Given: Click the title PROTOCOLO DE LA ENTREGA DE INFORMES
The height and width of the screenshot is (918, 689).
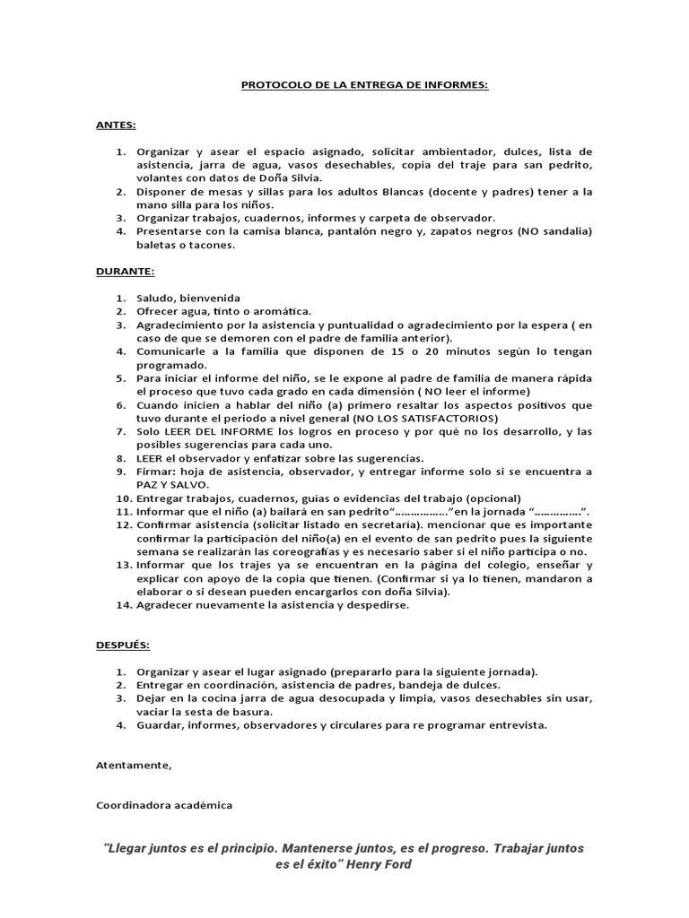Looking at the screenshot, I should [x=364, y=85].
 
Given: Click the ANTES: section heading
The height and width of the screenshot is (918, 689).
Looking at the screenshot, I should [x=116, y=125].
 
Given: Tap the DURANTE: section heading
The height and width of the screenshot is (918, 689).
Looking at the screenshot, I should [x=125, y=271].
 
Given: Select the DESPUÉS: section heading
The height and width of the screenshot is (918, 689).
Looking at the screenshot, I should [x=124, y=645].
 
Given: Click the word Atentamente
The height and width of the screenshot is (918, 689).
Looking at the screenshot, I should [x=134, y=765].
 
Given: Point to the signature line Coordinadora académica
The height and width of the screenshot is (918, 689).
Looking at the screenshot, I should [x=164, y=804].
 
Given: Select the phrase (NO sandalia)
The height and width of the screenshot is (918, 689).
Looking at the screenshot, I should [x=554, y=231].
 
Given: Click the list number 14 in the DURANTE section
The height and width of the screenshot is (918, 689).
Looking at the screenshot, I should [x=125, y=604].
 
